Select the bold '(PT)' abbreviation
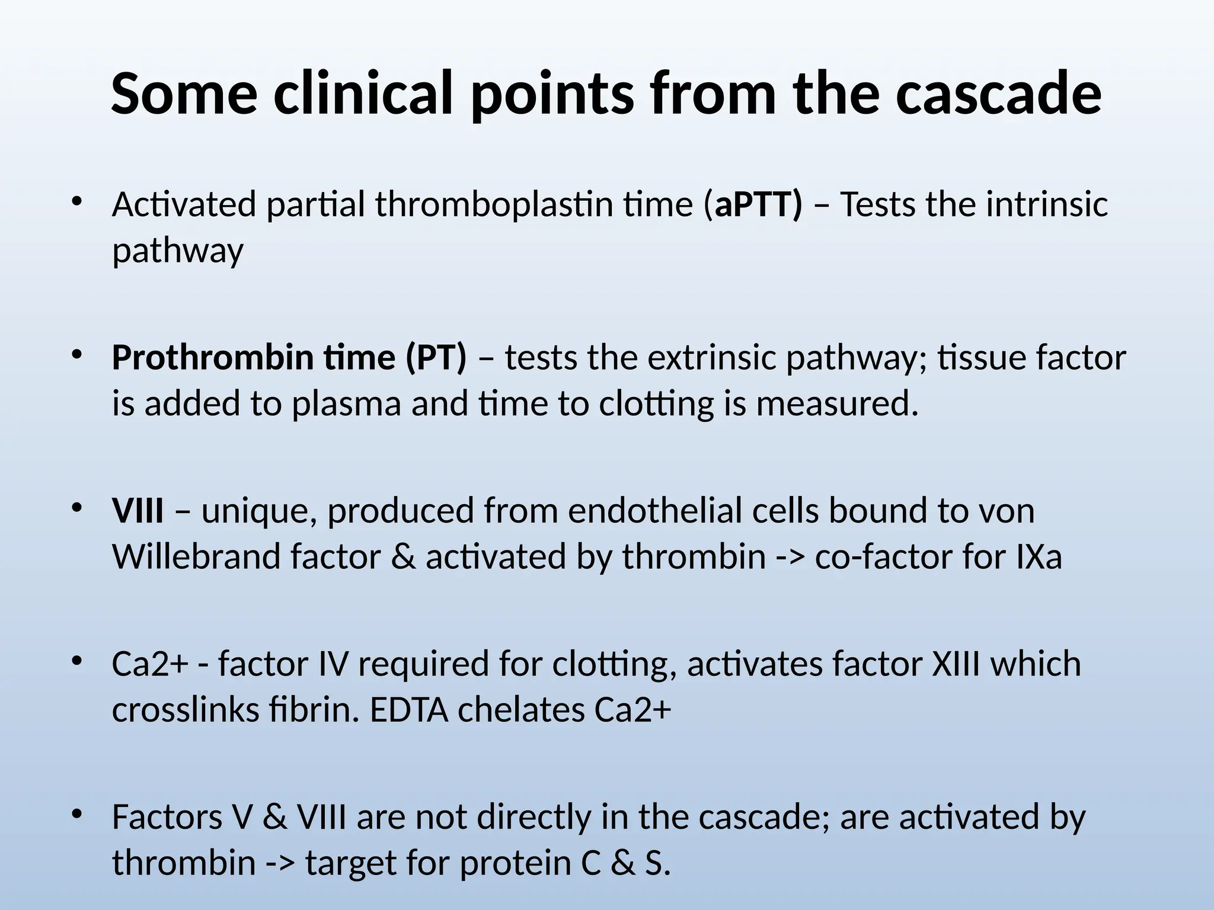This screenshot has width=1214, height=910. click(436, 358)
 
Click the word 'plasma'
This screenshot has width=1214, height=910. click(346, 404)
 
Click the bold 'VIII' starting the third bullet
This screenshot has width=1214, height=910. click(138, 511)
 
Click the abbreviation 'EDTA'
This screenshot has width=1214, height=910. click(409, 710)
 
